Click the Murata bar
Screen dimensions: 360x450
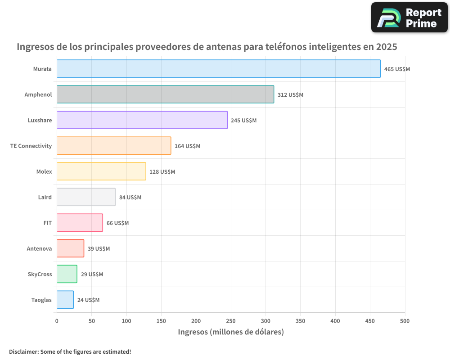click(218, 69)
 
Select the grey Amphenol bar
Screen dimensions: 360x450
click(165, 94)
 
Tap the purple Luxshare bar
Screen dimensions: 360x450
click(142, 120)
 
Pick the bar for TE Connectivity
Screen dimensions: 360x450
click(114, 146)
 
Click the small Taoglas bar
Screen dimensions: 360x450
click(65, 300)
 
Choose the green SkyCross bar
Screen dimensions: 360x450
click(67, 274)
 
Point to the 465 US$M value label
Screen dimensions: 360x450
click(397, 69)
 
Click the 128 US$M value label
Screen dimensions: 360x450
click(162, 172)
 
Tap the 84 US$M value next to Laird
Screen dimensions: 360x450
click(130, 198)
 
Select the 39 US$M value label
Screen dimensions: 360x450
click(99, 249)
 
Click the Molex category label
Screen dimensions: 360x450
click(44, 171)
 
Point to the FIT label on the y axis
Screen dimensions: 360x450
click(47, 223)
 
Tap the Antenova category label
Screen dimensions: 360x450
click(39, 248)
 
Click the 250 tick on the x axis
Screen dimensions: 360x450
click(231, 321)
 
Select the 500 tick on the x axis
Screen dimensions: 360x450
click(405, 321)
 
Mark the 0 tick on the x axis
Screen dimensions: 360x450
click(57, 321)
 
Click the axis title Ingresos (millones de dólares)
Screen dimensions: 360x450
click(231, 332)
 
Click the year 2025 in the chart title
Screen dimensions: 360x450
click(387, 47)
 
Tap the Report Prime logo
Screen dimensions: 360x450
click(409, 18)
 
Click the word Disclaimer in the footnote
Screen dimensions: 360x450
click(23, 351)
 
